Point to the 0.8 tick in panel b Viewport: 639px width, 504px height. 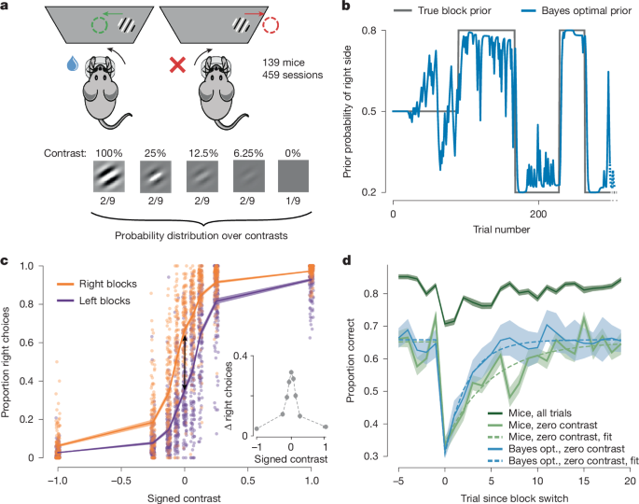(x=380, y=31)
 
